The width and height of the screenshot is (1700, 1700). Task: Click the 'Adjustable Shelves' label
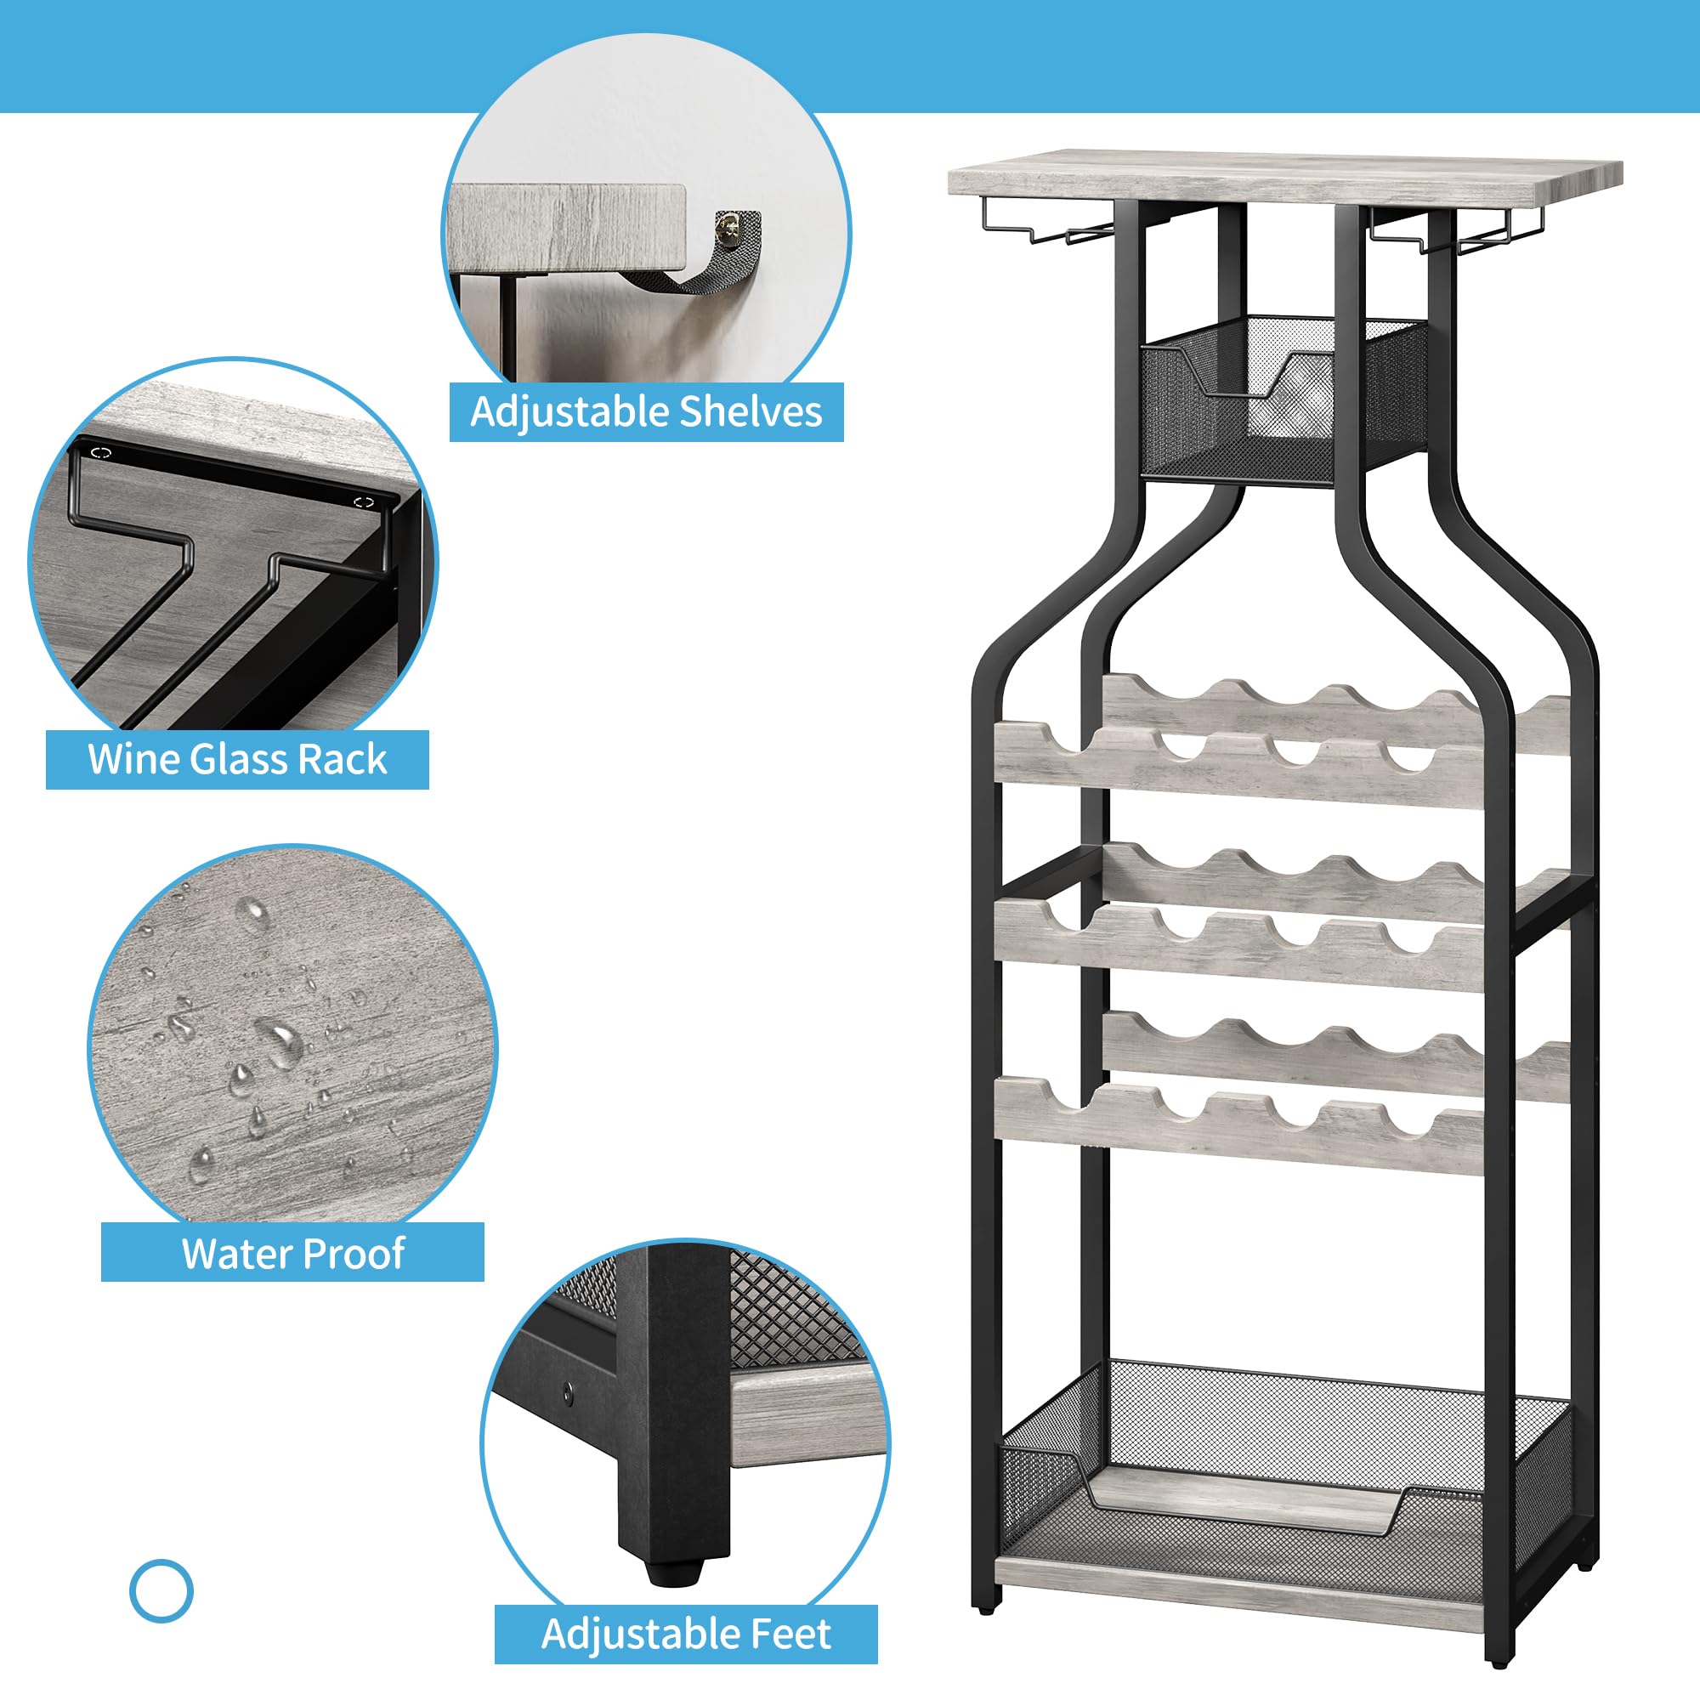pos(646,411)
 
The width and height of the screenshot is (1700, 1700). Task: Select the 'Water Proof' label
pos(292,1253)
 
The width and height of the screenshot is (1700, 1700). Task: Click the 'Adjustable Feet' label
pos(685,1634)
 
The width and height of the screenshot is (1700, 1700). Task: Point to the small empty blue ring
pos(161,1591)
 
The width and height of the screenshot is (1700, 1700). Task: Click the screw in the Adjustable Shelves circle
pos(727,229)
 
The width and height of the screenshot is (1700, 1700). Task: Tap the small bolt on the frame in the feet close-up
pos(568,1393)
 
